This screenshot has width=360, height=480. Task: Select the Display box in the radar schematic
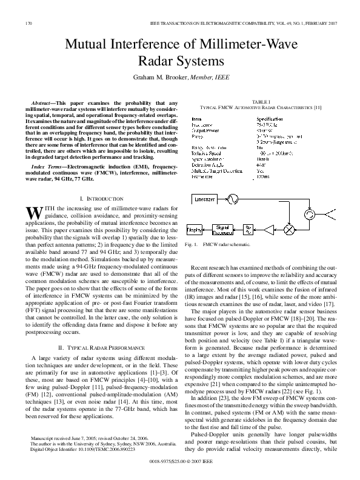click(194, 230)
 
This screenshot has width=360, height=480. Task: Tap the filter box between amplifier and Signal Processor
click(250, 230)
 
